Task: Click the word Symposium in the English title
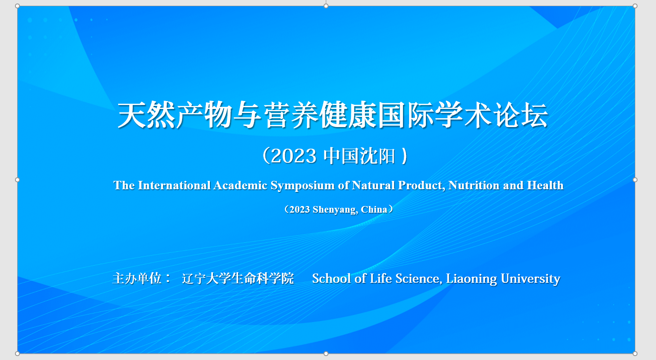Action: click(302, 186)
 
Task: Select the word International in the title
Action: click(174, 185)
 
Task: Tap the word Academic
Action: click(240, 185)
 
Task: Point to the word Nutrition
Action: click(474, 185)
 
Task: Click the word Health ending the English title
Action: click(545, 185)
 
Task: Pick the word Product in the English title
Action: click(421, 186)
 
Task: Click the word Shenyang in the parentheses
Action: click(335, 210)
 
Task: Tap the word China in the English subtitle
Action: click(374, 210)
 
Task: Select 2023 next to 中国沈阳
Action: click(294, 156)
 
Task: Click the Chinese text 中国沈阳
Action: click(359, 156)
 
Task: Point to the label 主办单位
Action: click(137, 278)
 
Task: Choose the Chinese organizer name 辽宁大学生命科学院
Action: click(238, 278)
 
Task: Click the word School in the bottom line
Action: click(332, 278)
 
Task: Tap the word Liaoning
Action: click(471, 279)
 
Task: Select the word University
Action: click(530, 279)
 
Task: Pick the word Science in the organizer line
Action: click(418, 279)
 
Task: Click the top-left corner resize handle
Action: click(17, 6)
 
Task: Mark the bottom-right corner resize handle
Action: click(635, 353)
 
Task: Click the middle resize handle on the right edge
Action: click(635, 180)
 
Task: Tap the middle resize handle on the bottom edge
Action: click(326, 353)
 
